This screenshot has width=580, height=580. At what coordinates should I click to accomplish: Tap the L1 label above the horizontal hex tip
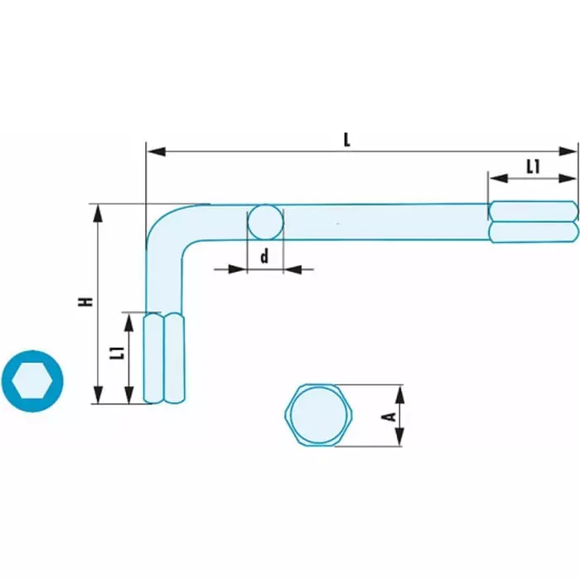[x=533, y=167]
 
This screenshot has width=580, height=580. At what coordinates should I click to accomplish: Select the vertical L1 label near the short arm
[x=117, y=354]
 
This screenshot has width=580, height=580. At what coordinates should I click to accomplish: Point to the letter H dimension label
[x=85, y=302]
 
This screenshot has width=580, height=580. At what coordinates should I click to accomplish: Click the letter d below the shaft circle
[x=265, y=257]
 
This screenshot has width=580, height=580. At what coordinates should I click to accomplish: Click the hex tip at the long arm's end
[x=533, y=221]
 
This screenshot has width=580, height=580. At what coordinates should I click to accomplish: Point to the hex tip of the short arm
[x=164, y=358]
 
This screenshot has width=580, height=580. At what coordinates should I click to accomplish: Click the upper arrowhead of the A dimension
[x=400, y=392]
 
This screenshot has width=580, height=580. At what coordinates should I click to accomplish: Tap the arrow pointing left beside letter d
[x=297, y=268]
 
